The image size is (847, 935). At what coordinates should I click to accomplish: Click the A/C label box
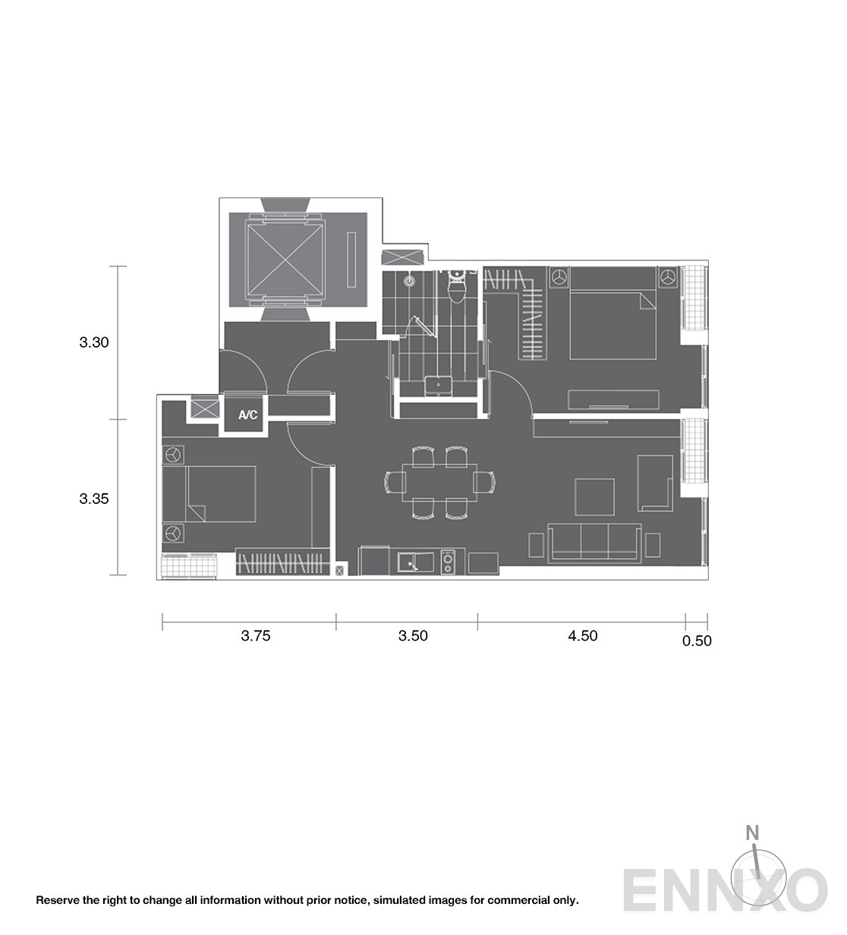[247, 414]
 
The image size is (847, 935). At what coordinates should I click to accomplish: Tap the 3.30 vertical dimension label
[93, 342]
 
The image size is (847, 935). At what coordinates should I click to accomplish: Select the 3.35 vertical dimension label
[93, 499]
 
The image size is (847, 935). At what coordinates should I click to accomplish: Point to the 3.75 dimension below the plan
[256, 636]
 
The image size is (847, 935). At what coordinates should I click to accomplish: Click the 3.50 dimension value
[413, 636]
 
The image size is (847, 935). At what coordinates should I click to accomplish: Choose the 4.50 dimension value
[583, 636]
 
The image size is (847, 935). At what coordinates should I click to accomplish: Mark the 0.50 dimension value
[697, 641]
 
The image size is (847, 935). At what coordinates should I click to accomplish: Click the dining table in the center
[439, 483]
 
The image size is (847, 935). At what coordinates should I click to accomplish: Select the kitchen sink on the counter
[415, 562]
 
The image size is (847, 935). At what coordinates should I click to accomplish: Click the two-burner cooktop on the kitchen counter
[448, 562]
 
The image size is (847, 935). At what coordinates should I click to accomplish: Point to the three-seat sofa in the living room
[594, 543]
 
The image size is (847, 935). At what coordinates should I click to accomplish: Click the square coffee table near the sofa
[594, 497]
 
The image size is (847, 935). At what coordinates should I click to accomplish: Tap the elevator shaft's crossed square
[285, 260]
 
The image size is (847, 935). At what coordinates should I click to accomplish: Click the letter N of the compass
[752, 833]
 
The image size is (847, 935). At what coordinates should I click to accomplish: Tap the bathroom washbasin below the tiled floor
[438, 386]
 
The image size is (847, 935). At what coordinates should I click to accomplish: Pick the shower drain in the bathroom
[410, 282]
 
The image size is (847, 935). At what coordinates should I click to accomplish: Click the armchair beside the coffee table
[655, 483]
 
